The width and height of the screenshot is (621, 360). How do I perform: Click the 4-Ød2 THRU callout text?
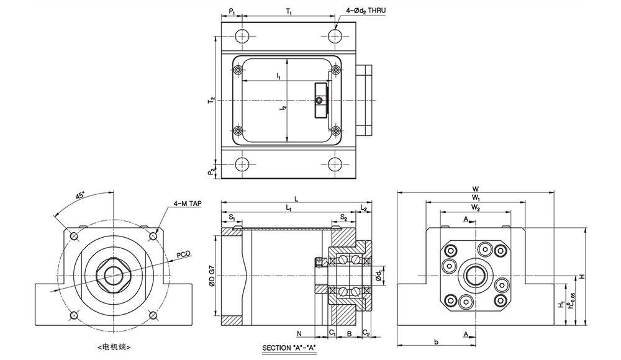(366, 11)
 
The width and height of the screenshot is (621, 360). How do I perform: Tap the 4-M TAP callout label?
(188, 204)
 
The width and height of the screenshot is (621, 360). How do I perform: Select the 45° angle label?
(81, 196)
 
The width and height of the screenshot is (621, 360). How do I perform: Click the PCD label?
(183, 254)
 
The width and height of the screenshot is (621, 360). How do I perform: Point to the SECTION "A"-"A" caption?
(289, 348)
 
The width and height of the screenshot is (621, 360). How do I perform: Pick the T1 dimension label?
(289, 12)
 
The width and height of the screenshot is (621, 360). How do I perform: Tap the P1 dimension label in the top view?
(232, 12)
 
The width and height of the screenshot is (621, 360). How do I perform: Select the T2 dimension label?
(212, 100)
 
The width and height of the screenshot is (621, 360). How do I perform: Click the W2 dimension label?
(476, 207)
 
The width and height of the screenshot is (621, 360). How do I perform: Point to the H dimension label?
(582, 276)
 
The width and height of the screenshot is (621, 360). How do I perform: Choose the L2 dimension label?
(364, 207)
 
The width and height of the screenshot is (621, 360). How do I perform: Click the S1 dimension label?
(232, 217)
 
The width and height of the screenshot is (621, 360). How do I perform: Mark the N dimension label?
(299, 333)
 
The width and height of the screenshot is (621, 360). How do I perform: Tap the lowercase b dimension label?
(436, 342)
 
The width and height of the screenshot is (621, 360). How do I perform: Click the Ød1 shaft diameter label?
(379, 276)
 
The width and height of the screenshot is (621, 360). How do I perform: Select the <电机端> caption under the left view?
(114, 348)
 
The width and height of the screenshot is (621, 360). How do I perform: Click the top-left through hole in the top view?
(241, 37)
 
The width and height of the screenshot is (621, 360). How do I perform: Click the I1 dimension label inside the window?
(279, 76)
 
